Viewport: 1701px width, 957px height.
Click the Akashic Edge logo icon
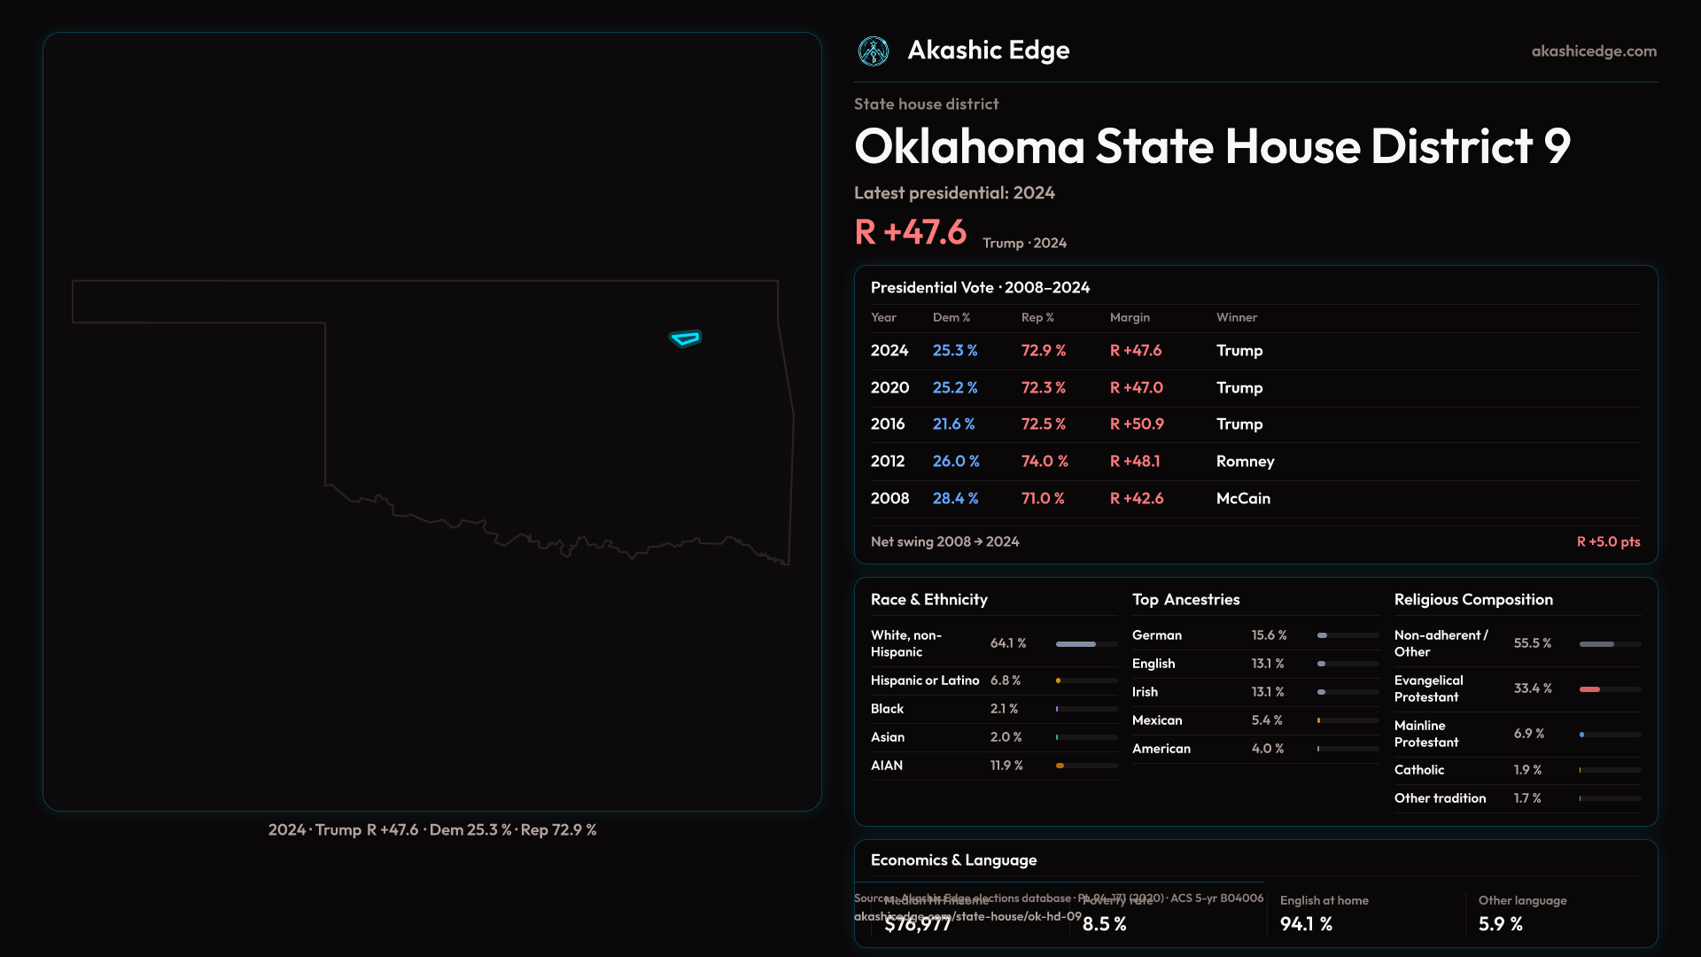pyautogui.click(x=874, y=51)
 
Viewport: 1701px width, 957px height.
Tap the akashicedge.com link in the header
pyautogui.click(x=1594, y=51)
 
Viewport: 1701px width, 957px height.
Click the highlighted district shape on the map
pyautogui.click(x=685, y=338)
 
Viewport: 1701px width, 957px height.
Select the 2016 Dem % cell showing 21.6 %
pyautogui.click(x=953, y=424)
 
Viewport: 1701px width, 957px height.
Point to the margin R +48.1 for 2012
pyautogui.click(x=1135, y=462)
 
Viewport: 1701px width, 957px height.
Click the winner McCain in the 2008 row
pyautogui.click(x=1243, y=499)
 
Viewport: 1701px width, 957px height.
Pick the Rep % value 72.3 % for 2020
pyautogui.click(x=1044, y=388)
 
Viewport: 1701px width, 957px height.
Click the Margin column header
pyautogui.click(x=1130, y=317)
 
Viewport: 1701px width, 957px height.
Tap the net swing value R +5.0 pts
pyautogui.click(x=1608, y=541)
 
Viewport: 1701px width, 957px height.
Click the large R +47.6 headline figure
pyautogui.click(x=911, y=232)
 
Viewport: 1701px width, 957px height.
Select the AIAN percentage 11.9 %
pyautogui.click(x=1006, y=766)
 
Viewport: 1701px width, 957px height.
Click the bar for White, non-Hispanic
pyautogui.click(x=1076, y=644)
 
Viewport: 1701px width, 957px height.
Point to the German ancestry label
pyautogui.click(x=1157, y=635)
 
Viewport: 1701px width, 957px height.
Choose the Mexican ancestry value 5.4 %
pyautogui.click(x=1267, y=720)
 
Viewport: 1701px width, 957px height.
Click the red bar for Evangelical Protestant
pyautogui.click(x=1590, y=689)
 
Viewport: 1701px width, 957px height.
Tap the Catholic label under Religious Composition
pyautogui.click(x=1419, y=770)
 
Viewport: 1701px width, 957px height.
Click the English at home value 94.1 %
pyautogui.click(x=1306, y=924)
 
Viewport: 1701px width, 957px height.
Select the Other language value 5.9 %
pyautogui.click(x=1501, y=924)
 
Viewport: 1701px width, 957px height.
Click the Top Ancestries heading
pyautogui.click(x=1186, y=600)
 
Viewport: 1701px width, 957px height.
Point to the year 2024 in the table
pyautogui.click(x=889, y=351)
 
